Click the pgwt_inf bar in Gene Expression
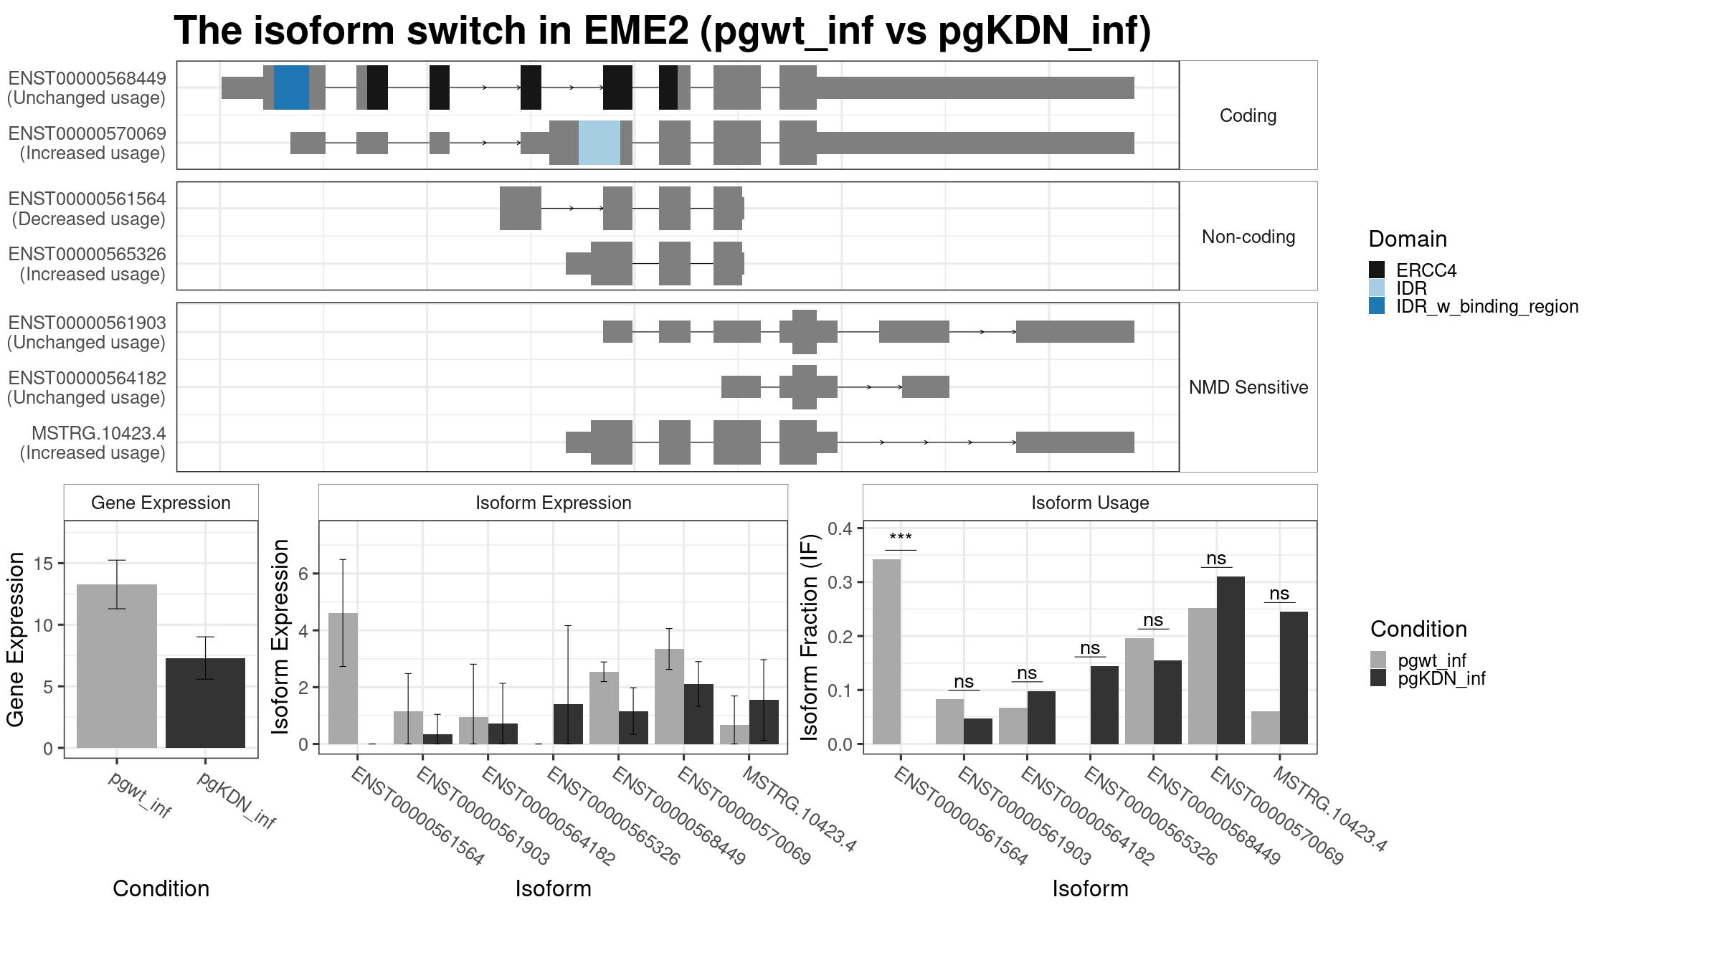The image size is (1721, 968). click(117, 666)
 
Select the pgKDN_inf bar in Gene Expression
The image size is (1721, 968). click(205, 703)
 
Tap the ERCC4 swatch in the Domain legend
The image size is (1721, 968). click(1377, 270)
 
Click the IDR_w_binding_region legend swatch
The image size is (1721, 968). click(1377, 306)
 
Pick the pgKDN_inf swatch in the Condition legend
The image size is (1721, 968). click(1378, 678)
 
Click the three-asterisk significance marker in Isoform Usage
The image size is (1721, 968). click(901, 538)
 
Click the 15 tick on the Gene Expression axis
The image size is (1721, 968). click(44, 564)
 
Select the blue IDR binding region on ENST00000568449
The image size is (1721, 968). click(291, 87)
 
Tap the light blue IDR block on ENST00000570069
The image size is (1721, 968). click(599, 143)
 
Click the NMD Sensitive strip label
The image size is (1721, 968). click(1248, 387)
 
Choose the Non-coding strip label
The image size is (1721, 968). click(1248, 237)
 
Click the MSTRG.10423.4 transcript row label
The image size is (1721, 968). click(98, 434)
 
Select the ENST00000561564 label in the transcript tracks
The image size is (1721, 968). click(87, 199)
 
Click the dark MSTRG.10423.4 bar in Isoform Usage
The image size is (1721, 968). click(1294, 678)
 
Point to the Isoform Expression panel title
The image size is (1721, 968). click(553, 503)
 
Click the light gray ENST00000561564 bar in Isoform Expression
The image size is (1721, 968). click(343, 678)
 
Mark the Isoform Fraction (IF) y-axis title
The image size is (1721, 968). click(810, 637)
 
